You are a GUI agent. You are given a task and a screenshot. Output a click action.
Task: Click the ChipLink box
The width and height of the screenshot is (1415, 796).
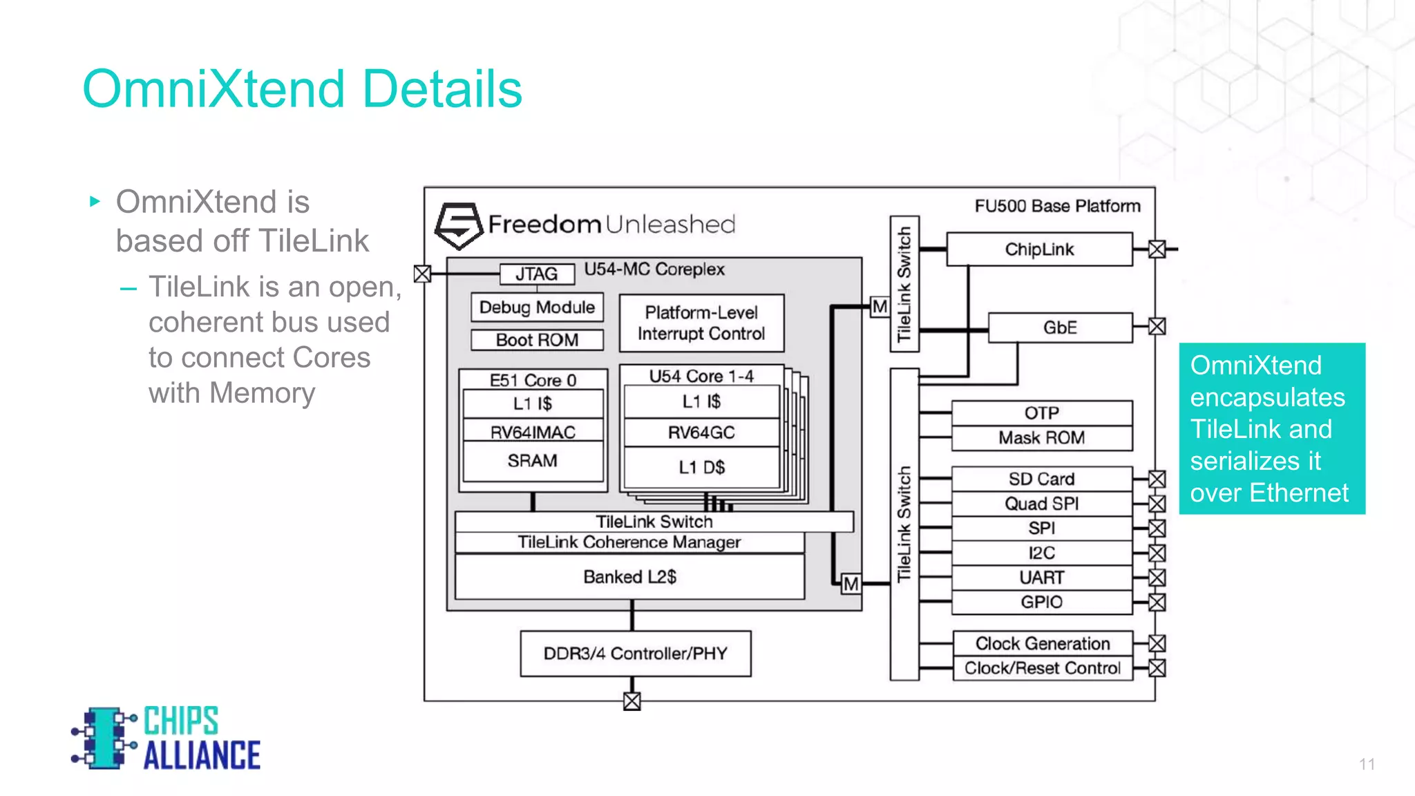(x=1038, y=249)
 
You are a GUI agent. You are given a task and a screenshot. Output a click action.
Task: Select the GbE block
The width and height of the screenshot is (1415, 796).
(x=1060, y=328)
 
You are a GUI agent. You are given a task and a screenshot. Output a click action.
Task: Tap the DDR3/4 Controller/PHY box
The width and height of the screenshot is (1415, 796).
(x=635, y=654)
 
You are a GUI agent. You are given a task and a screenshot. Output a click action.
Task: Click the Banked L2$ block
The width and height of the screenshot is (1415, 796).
(x=629, y=577)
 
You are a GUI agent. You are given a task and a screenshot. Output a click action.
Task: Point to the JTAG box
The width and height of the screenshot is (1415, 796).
(x=537, y=274)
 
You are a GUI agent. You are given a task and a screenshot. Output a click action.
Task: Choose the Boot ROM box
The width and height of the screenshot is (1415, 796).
(x=537, y=340)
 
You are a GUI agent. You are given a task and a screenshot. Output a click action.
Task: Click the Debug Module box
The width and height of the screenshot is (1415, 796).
(x=537, y=307)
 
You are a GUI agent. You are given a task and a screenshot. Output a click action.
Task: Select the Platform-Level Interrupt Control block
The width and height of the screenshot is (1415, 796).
(x=701, y=323)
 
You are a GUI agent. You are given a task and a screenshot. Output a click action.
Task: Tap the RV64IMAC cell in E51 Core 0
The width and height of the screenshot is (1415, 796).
(x=533, y=433)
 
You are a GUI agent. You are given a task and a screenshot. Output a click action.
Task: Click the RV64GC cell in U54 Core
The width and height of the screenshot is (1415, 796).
(x=701, y=433)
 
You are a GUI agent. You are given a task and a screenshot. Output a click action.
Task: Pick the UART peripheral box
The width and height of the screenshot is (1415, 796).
(x=1041, y=578)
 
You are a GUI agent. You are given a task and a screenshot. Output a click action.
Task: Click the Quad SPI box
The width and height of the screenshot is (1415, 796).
(x=1041, y=504)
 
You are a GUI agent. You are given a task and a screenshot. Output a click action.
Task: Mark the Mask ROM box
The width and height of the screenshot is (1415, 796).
(x=1041, y=438)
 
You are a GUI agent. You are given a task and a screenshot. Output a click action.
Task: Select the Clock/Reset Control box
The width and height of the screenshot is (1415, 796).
(x=1042, y=668)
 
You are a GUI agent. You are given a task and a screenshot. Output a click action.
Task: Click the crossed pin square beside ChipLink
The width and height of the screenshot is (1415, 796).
(x=1157, y=249)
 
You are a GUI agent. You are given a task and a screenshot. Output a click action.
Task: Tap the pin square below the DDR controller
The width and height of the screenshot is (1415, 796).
(x=631, y=701)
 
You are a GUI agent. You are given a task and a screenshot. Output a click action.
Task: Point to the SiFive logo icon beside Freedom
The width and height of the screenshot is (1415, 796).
(x=458, y=225)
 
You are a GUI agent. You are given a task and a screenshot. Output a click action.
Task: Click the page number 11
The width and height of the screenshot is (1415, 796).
(x=1366, y=764)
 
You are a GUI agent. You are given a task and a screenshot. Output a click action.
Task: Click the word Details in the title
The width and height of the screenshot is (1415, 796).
(x=442, y=90)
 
